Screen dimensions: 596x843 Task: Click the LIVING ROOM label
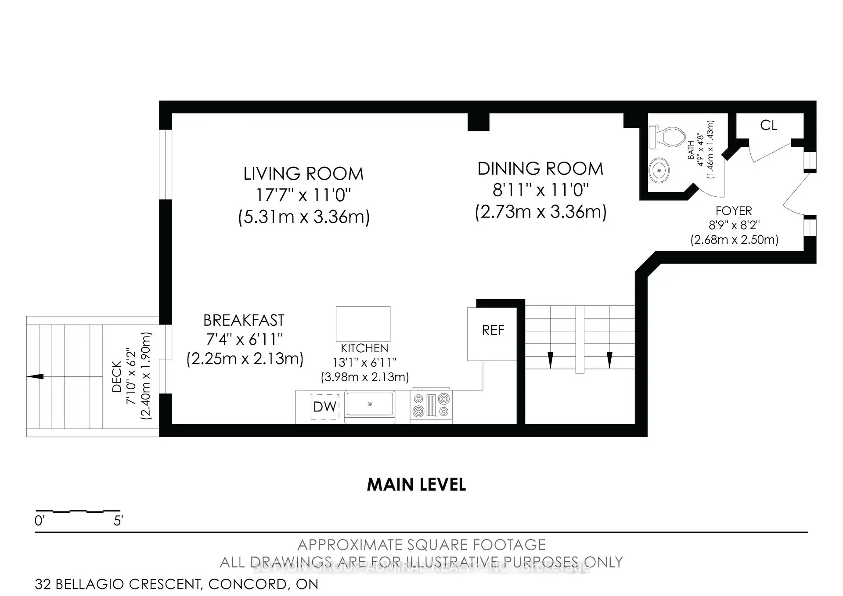point(303,174)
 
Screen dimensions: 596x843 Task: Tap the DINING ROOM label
point(540,169)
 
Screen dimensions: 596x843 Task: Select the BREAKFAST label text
point(244,321)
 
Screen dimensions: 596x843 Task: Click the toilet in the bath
point(668,137)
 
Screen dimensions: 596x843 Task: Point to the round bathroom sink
point(659,170)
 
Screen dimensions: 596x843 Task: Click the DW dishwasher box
point(325,407)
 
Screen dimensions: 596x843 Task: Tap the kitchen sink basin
point(370,405)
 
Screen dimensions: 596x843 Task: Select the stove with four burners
point(431,405)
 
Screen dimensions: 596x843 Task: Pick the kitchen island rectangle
point(363,324)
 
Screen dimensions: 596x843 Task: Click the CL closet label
point(768,126)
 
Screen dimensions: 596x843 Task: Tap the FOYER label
point(733,211)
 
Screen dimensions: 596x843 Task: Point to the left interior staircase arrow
point(550,360)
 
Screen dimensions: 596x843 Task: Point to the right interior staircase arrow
point(609,360)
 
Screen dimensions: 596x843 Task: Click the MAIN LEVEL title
point(416,485)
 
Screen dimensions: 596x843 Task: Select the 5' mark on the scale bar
point(118,521)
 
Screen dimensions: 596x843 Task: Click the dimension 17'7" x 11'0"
point(303,195)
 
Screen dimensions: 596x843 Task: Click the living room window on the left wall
point(166,164)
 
